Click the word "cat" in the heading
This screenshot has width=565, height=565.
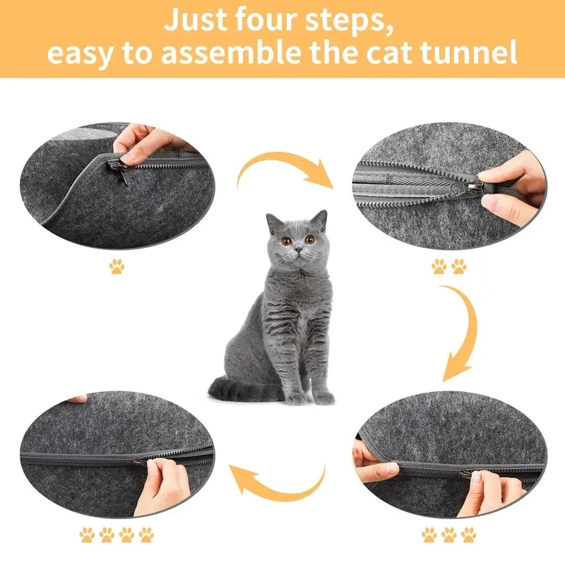click(x=393, y=53)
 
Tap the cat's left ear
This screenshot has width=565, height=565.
click(x=320, y=220)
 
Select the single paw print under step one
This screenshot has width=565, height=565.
click(x=116, y=266)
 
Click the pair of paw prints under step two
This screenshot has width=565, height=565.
click(x=449, y=266)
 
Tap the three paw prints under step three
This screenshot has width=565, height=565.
click(x=448, y=535)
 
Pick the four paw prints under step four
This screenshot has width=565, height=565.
click(x=116, y=535)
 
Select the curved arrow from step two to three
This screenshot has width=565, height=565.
click(x=459, y=332)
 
